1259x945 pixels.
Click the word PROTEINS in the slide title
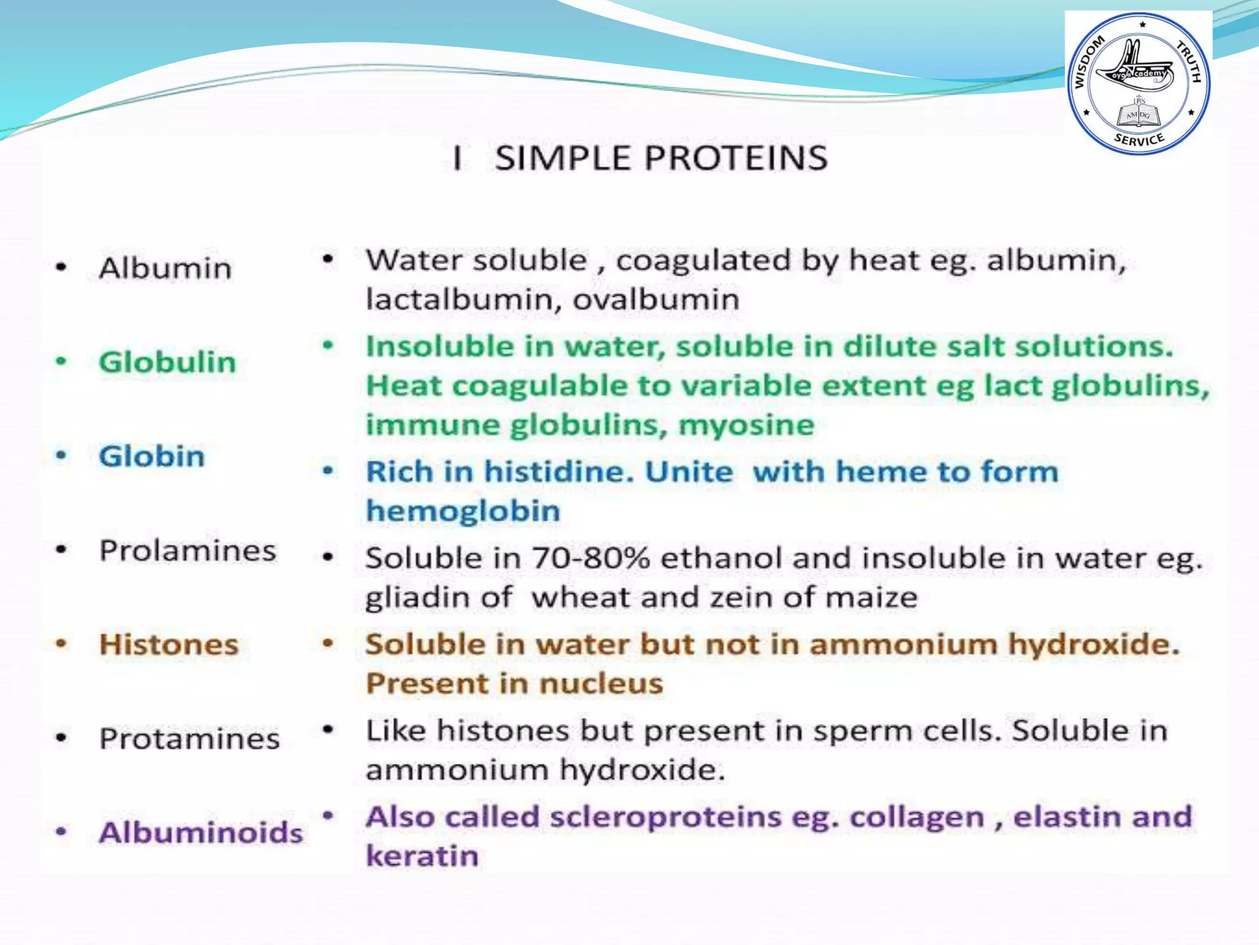pyautogui.click(x=736, y=158)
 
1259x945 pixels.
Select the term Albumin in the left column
pyautogui.click(x=165, y=268)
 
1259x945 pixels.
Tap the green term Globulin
pyautogui.click(x=167, y=362)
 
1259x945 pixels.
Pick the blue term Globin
pyautogui.click(x=152, y=457)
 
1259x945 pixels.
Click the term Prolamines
pyautogui.click(x=187, y=551)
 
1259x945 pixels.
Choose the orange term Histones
pyautogui.click(x=169, y=645)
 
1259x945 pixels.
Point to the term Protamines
pyautogui.click(x=189, y=739)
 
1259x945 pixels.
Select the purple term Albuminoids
pyautogui.click(x=201, y=833)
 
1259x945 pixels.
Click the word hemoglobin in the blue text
pyautogui.click(x=463, y=511)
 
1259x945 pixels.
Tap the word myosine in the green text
pyautogui.click(x=746, y=425)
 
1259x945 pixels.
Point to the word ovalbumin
pyautogui.click(x=656, y=300)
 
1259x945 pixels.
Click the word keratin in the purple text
pyautogui.click(x=422, y=856)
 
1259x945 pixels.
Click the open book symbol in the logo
pyautogui.click(x=1138, y=115)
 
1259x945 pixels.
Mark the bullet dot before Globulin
pyautogui.click(x=61, y=361)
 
